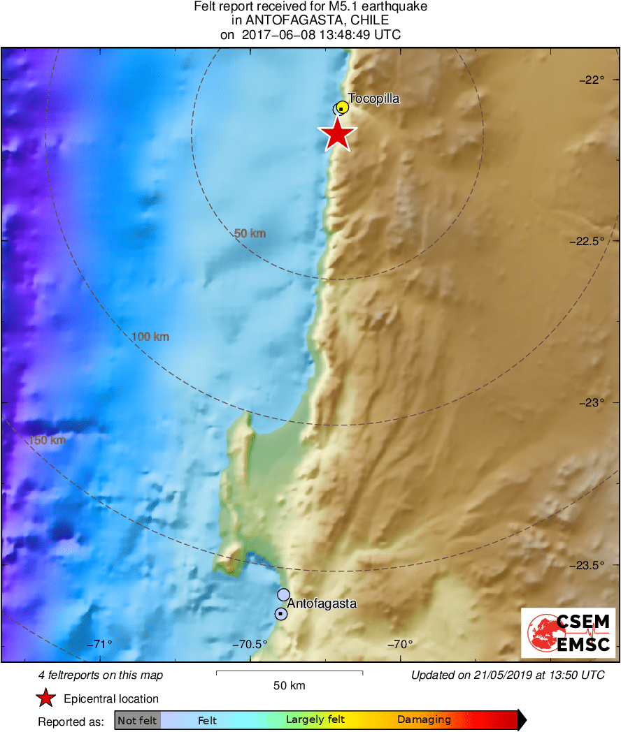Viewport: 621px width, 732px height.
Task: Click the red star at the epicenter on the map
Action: tap(338, 134)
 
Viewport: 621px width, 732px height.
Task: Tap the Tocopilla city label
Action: tap(374, 98)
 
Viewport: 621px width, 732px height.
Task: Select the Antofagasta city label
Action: tap(322, 603)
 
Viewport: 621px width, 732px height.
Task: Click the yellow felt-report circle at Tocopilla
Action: tap(343, 108)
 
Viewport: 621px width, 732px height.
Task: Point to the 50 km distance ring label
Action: tap(250, 233)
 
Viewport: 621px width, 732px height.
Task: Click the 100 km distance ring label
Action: tap(150, 337)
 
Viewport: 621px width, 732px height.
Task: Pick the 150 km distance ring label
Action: tap(48, 440)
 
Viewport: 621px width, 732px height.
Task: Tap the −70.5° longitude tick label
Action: tap(250, 644)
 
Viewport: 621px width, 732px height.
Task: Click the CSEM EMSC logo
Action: tap(568, 632)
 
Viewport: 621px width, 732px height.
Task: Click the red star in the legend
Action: tap(46, 698)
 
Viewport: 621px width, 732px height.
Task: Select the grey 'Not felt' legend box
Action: tap(138, 720)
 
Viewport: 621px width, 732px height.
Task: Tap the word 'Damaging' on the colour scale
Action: tap(424, 720)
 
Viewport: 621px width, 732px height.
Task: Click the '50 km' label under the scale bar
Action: tap(289, 685)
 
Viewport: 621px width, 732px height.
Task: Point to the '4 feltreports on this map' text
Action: tap(101, 675)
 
